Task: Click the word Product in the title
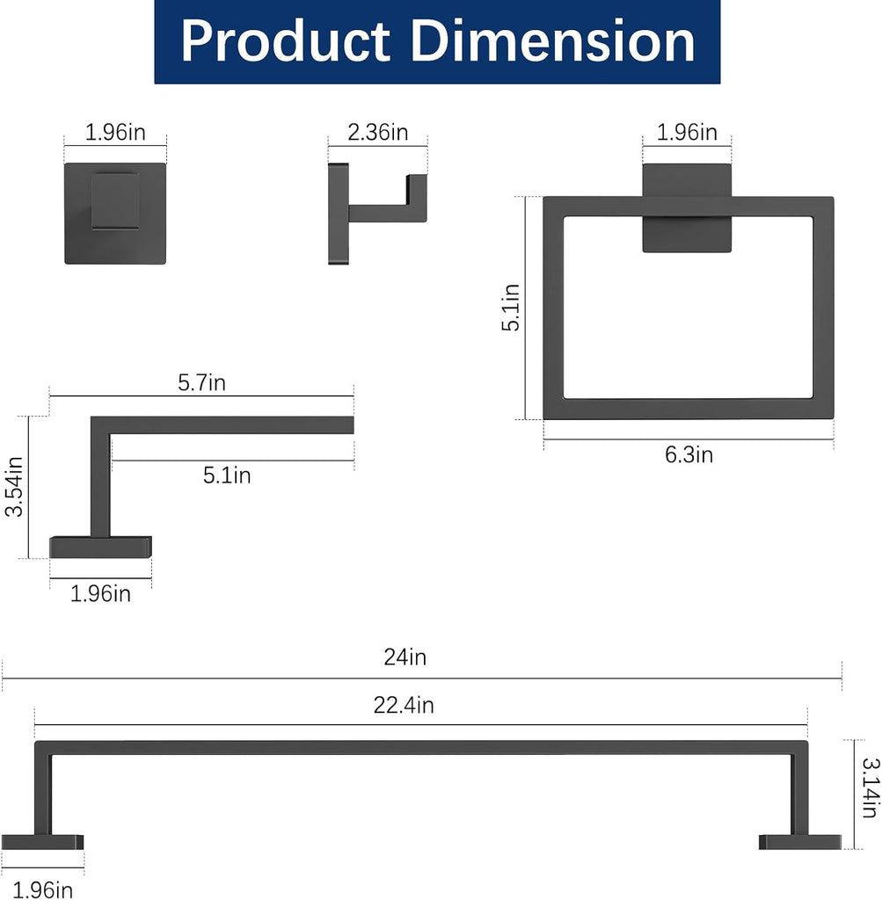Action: click(x=286, y=41)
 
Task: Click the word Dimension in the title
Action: click(x=553, y=41)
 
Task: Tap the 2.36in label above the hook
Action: click(x=378, y=132)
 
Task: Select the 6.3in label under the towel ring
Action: click(x=689, y=454)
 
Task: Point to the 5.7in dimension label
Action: click(x=201, y=382)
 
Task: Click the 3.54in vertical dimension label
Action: click(x=14, y=487)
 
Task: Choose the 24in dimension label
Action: click(x=405, y=657)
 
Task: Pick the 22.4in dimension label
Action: click(x=404, y=705)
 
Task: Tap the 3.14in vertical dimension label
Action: click(x=871, y=787)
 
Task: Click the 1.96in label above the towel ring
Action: click(x=687, y=132)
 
